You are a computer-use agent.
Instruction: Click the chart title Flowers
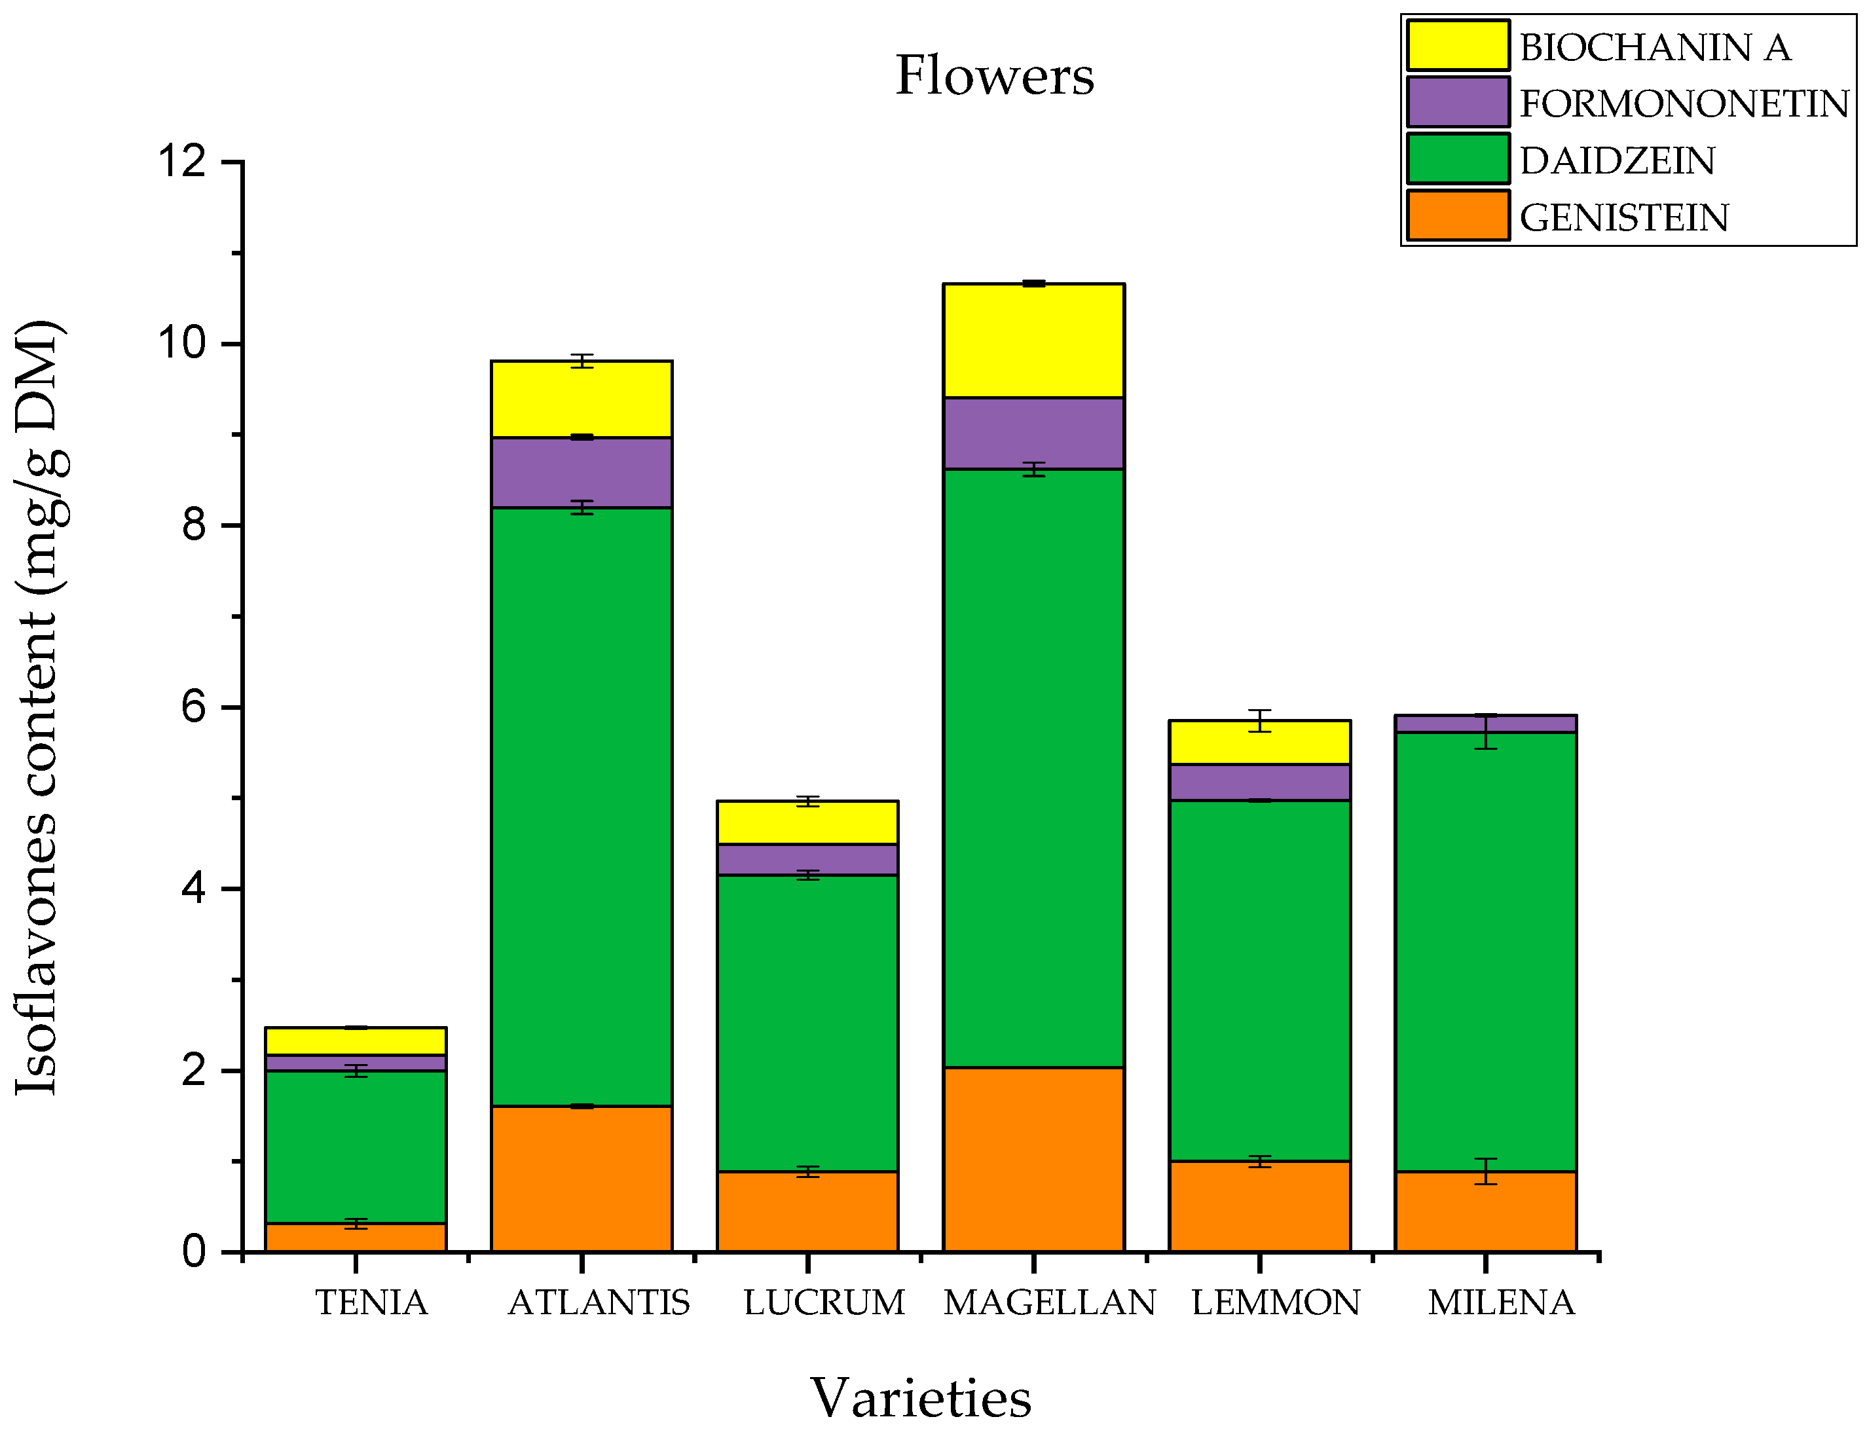[994, 75]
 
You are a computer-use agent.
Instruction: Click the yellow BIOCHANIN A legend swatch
[1458, 45]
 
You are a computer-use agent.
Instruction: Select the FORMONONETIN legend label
[1683, 103]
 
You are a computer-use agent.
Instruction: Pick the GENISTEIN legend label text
[1623, 217]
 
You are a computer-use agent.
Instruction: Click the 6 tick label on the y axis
[195, 707]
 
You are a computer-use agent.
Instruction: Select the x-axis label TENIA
[371, 1302]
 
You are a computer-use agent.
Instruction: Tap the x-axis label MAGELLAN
[1049, 1302]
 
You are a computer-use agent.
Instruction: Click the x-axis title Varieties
[921, 1397]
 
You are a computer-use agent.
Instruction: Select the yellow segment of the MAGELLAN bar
[1033, 341]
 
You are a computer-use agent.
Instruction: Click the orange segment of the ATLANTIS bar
[582, 1179]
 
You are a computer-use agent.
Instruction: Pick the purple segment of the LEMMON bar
[1259, 782]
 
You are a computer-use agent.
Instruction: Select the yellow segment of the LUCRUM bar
[807, 823]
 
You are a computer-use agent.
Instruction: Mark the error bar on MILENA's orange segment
[1486, 1171]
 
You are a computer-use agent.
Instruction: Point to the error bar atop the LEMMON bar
[1259, 720]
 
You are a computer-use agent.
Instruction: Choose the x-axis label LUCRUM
[823, 1302]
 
